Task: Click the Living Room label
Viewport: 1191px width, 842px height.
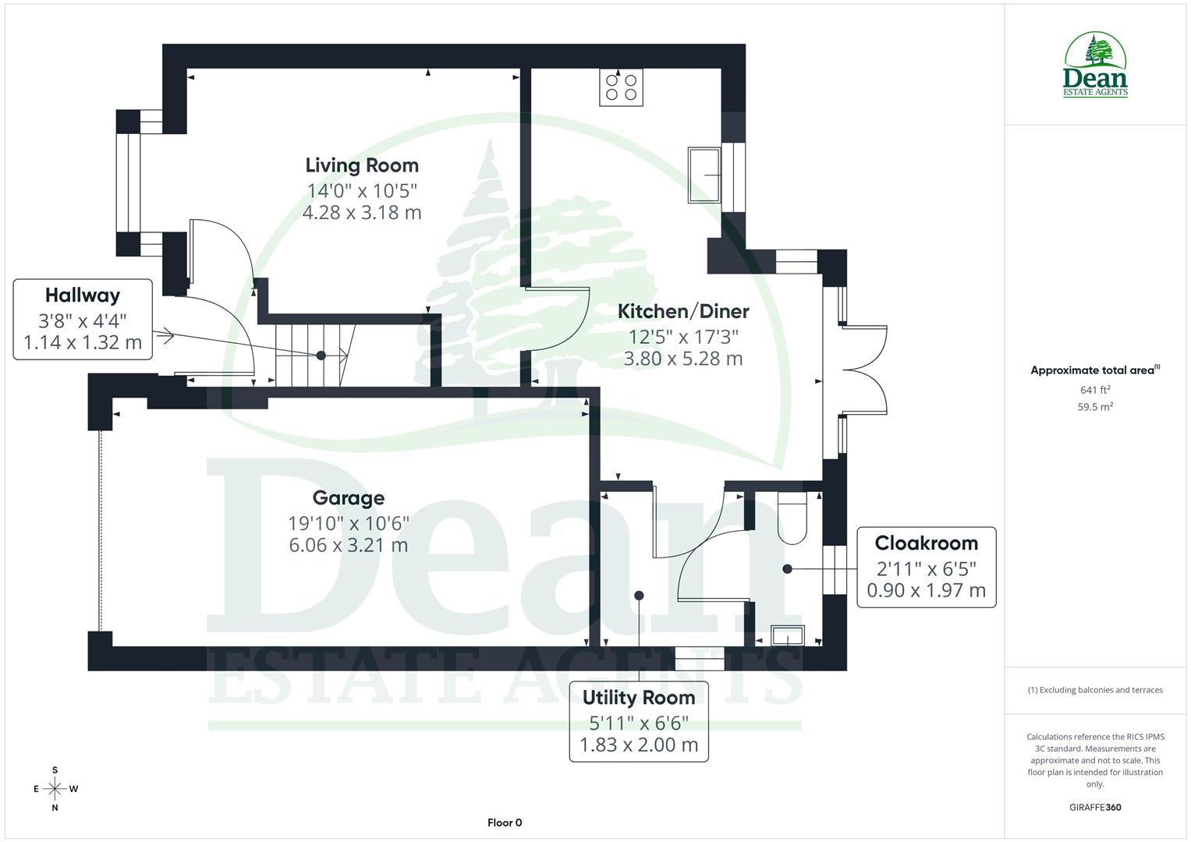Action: (x=362, y=165)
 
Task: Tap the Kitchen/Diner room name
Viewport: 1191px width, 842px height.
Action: (x=683, y=311)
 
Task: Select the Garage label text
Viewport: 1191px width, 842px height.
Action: (x=348, y=497)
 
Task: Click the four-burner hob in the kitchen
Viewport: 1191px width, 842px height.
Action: (x=621, y=87)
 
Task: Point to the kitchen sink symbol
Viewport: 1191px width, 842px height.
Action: (x=704, y=175)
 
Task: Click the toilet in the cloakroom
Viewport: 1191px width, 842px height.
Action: (x=792, y=518)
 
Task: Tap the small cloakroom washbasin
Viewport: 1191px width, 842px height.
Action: (x=787, y=636)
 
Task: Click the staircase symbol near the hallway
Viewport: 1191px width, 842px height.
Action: (x=312, y=356)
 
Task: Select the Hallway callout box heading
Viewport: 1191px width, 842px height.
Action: (x=83, y=295)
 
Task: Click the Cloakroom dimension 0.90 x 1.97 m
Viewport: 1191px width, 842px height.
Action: (x=926, y=590)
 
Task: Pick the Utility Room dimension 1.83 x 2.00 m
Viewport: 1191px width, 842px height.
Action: (x=638, y=745)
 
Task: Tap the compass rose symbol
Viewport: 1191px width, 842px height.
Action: (x=55, y=789)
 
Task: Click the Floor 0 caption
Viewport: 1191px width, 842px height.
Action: (x=504, y=823)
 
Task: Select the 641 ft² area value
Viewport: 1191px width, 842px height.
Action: (x=1095, y=390)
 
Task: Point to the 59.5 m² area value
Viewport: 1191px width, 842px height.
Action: (x=1095, y=406)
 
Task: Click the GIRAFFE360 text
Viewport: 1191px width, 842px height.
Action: (x=1095, y=807)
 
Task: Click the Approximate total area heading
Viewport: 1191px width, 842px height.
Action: (x=1094, y=370)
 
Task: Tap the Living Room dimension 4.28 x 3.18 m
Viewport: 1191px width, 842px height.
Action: (x=362, y=212)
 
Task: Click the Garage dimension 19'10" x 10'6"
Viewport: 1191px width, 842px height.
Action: (x=348, y=522)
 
